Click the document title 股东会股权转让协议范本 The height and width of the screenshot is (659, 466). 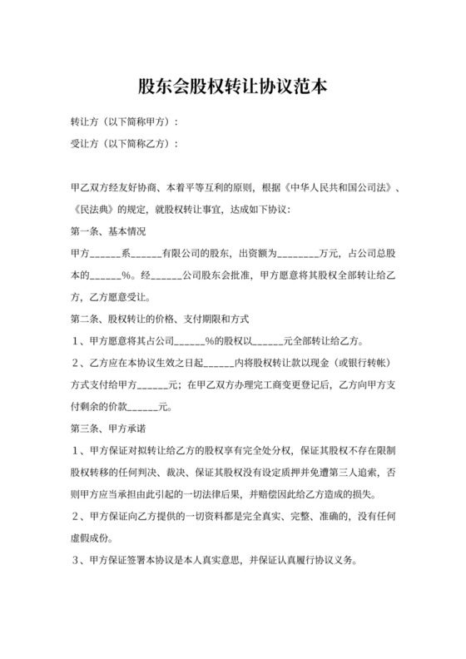(232, 87)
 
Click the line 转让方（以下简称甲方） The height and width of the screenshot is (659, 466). (124, 122)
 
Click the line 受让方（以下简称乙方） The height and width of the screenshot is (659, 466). (124, 144)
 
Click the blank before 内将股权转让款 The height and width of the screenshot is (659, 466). (217, 364)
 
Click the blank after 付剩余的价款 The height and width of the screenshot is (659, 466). (146, 407)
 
